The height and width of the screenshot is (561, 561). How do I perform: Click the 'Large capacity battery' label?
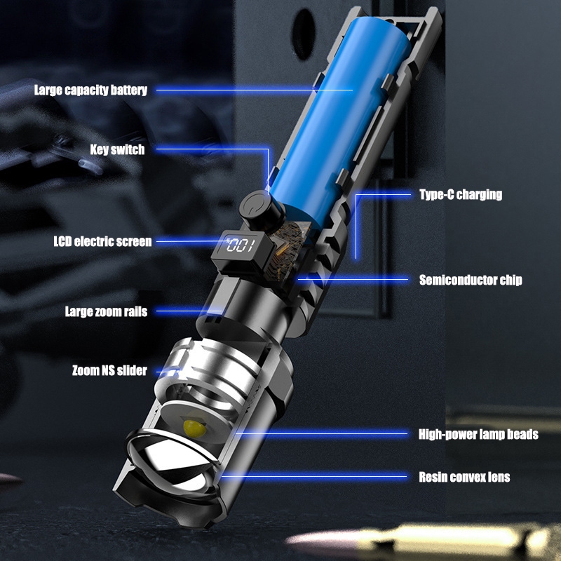click(90, 90)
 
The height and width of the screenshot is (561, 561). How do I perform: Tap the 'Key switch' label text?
click(117, 149)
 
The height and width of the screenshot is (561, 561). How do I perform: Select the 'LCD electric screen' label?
click(102, 241)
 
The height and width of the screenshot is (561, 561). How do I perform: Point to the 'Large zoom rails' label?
click(107, 311)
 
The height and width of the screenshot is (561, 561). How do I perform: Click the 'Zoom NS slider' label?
click(109, 370)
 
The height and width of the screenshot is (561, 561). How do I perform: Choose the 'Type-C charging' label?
click(461, 194)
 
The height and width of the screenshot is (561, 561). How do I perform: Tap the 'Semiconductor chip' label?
click(471, 280)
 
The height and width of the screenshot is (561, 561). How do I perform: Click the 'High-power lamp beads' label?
click(478, 434)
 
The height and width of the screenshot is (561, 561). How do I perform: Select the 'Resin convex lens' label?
click(464, 477)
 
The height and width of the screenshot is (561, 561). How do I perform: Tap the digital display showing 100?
click(241, 245)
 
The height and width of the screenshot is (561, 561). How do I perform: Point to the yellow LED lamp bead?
click(194, 426)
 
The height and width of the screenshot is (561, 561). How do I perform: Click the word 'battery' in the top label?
click(128, 90)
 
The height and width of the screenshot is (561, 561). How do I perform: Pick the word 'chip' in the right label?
click(511, 280)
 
